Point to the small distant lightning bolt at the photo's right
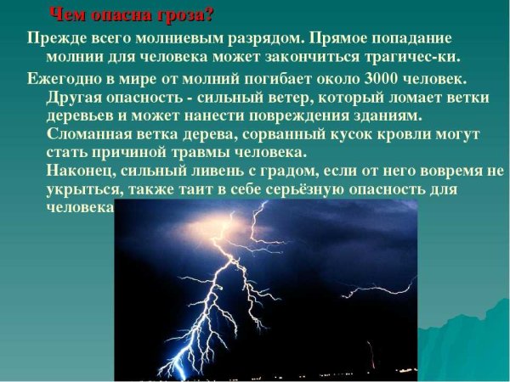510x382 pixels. [371, 349]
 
